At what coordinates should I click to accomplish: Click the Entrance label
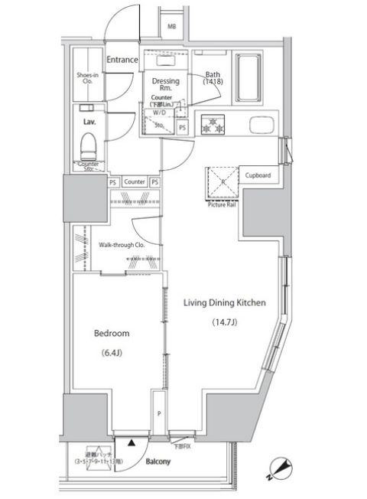tap(122, 60)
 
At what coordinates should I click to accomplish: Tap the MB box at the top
tap(173, 26)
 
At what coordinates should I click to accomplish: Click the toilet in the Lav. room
tap(87, 143)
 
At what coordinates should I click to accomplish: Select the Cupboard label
tap(258, 174)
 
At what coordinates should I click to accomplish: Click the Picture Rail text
tap(221, 204)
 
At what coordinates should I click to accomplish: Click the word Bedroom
tap(111, 334)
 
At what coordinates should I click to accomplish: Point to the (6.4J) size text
tap(112, 353)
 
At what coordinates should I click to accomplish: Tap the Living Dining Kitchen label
tap(224, 303)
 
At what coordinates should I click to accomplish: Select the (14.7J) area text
tap(225, 322)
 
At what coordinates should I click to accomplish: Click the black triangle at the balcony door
tap(131, 442)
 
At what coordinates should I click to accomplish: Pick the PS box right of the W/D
tap(182, 127)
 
